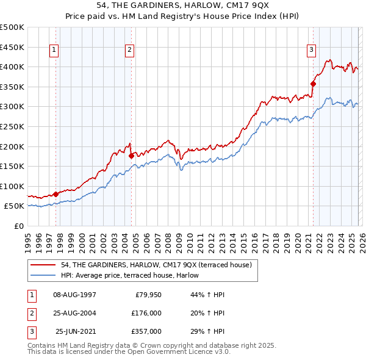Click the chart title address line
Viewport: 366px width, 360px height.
point(182,5)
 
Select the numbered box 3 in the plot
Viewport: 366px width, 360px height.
point(311,51)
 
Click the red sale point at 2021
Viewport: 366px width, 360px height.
point(313,84)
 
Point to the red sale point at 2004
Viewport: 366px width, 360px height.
point(131,156)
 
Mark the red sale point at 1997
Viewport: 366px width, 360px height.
point(56,194)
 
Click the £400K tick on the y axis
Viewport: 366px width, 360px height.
point(12,67)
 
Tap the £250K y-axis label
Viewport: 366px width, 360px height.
point(12,126)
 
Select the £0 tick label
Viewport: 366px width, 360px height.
point(19,226)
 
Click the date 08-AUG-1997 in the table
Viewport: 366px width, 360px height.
point(74,295)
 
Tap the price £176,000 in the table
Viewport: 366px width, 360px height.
point(146,313)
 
